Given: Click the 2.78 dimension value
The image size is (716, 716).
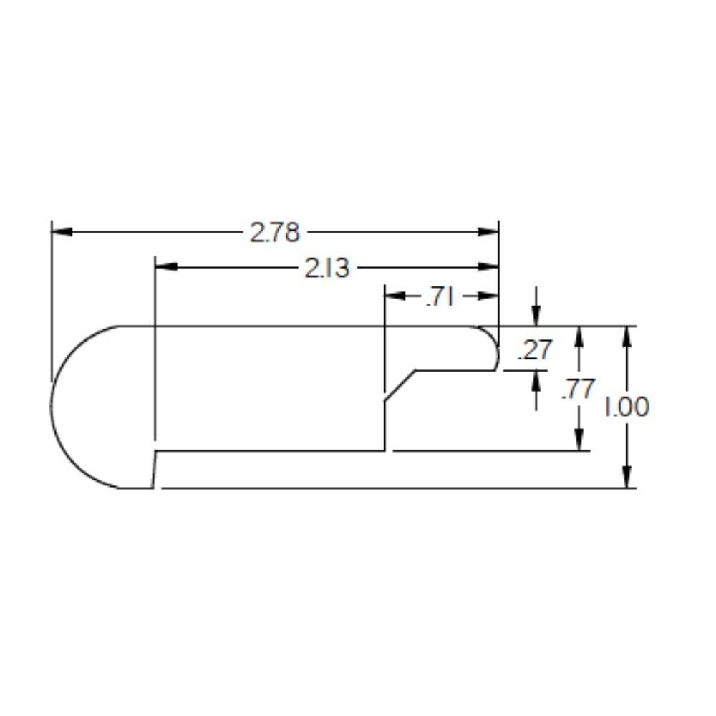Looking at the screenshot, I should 275,232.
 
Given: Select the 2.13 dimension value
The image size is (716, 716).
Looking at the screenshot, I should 327,268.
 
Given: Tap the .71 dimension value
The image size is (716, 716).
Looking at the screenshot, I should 440,296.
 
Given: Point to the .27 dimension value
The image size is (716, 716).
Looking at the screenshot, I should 535,350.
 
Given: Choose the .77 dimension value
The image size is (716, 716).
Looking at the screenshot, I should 578,389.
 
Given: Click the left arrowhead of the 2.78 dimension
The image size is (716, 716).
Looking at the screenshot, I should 62,232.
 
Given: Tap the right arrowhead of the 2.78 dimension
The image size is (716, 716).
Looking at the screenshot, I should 488,232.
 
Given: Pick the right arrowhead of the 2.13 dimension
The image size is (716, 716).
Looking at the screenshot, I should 488,267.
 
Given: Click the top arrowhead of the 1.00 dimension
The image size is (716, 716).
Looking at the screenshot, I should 627,336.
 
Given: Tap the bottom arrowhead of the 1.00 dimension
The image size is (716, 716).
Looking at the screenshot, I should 627,478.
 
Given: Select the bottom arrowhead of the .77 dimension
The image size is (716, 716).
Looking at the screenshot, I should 579,440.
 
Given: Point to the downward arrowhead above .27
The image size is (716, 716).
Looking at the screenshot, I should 536,316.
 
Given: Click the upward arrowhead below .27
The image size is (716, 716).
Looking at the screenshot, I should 536,380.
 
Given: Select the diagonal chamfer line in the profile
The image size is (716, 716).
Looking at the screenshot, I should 400,386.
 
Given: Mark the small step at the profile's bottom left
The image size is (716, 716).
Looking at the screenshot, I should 155,469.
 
